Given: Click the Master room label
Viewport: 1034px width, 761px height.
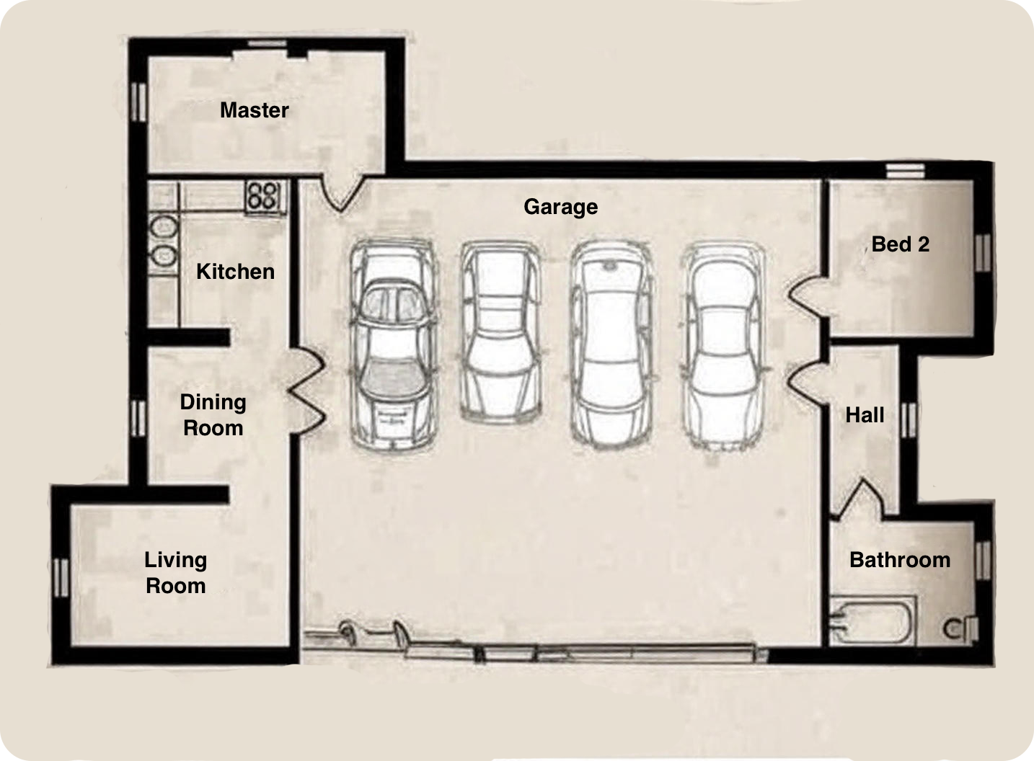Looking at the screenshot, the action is click(x=255, y=110).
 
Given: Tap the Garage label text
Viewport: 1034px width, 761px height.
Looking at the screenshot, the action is click(x=560, y=207).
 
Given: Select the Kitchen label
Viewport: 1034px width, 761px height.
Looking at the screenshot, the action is click(x=235, y=271).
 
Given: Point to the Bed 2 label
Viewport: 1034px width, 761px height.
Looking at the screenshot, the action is click(x=900, y=244).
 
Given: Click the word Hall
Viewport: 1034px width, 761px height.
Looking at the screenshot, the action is click(x=865, y=414).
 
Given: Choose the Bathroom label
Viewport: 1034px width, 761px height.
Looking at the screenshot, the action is click(x=900, y=560).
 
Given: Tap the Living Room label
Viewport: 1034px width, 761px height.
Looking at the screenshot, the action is click(x=175, y=573).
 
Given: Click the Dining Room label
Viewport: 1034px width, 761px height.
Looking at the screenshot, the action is click(x=213, y=414).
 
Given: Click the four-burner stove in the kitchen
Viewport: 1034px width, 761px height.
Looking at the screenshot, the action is click(x=264, y=196).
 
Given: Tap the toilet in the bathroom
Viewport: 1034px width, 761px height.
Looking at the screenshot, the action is click(x=960, y=628).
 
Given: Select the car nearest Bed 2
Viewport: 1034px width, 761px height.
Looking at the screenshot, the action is click(x=723, y=346).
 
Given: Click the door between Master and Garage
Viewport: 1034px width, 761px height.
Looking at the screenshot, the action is click(x=342, y=193).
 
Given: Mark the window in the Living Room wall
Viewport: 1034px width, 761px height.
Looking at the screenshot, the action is click(x=61, y=578).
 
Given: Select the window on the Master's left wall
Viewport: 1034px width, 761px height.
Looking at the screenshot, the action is click(x=138, y=102).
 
